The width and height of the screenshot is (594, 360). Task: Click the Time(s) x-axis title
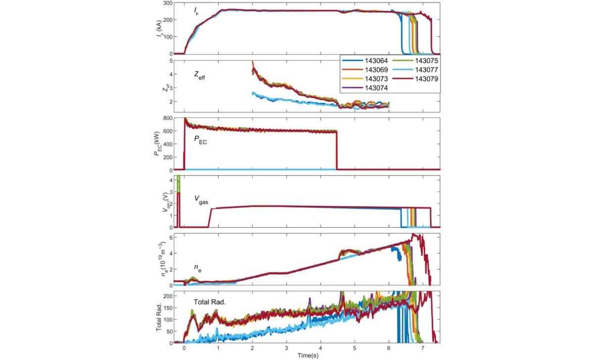(x=307, y=355)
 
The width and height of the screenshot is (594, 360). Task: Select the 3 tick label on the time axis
(x=286, y=348)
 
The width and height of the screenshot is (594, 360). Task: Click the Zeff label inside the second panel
(x=203, y=75)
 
